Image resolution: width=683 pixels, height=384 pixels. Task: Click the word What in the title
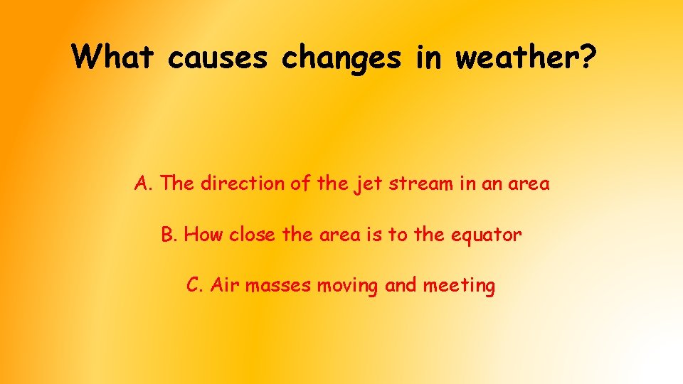113,56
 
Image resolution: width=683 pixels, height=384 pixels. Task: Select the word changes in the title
341,58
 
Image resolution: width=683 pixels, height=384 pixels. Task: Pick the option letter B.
168,235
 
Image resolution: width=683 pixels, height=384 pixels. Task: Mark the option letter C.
194,286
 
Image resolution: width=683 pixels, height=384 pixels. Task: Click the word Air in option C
226,286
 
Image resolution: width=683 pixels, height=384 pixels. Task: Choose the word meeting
458,287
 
